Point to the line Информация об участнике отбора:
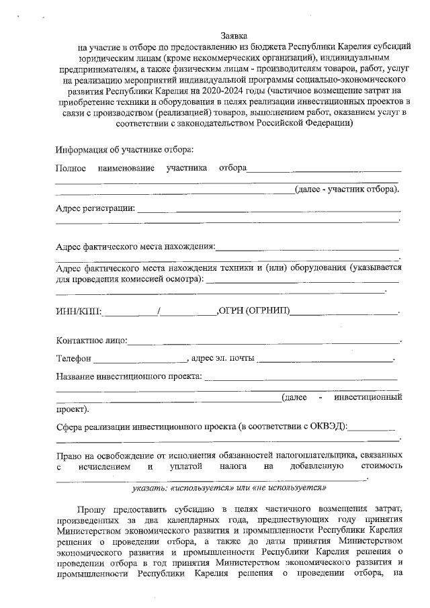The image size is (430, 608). click(125, 148)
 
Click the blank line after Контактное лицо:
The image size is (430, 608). click(265, 343)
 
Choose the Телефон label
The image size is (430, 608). click(73, 359)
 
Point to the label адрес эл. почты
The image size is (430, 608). click(222, 359)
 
